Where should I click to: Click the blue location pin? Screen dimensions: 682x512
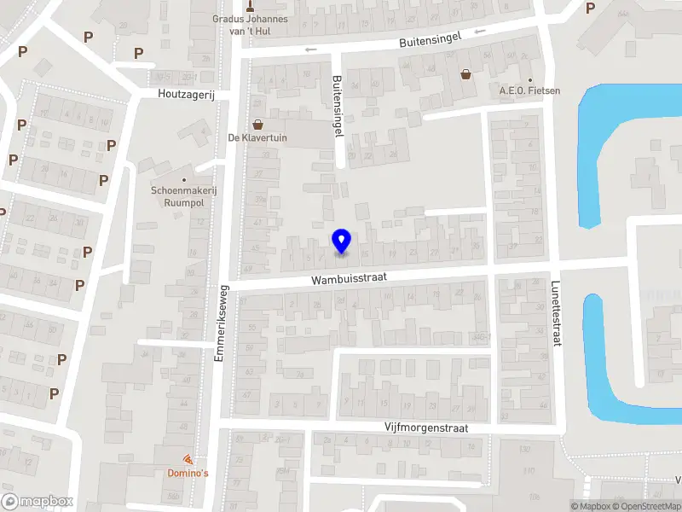click(x=342, y=241)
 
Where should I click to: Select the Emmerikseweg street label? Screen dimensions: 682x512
click(x=220, y=322)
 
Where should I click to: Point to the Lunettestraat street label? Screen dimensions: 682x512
click(x=557, y=315)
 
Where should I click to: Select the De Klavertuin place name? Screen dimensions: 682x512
click(x=257, y=138)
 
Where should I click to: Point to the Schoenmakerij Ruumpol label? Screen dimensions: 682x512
click(x=184, y=195)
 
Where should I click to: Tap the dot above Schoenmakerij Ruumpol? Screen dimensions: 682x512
click(x=184, y=179)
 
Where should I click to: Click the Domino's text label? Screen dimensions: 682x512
click(x=188, y=473)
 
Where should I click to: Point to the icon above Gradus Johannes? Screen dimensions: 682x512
click(x=250, y=5)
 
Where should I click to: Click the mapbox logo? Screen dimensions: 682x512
click(x=38, y=501)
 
